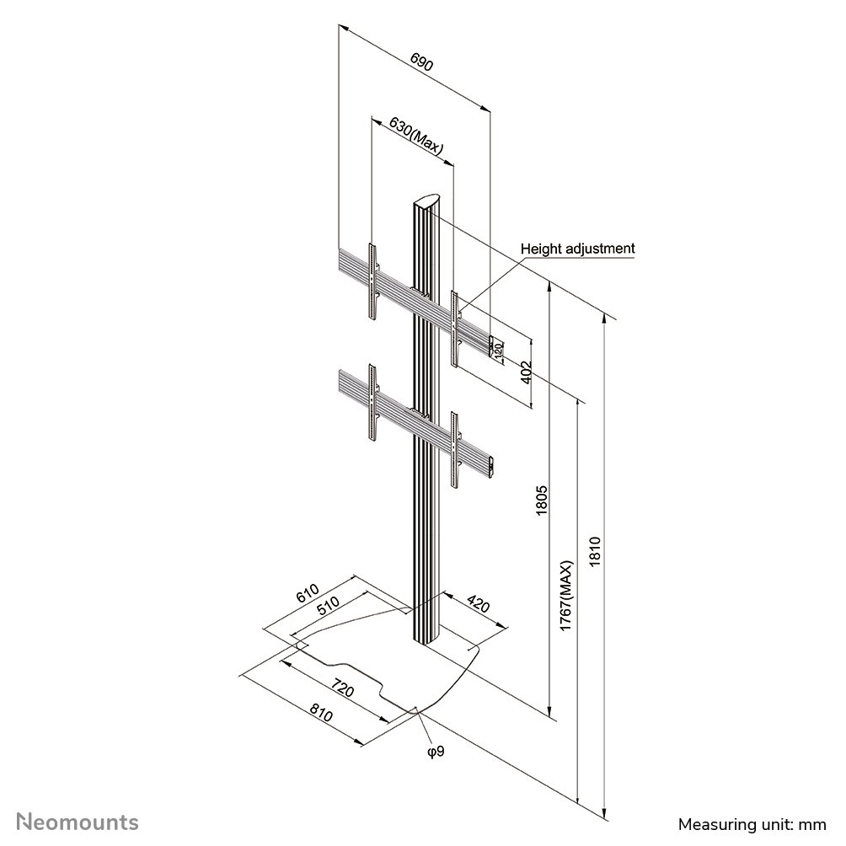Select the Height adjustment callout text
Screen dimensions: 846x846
point(577,249)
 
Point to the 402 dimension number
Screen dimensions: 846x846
point(527,372)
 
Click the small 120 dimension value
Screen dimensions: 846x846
point(498,349)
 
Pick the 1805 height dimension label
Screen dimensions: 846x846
point(542,501)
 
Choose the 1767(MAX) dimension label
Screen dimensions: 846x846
point(565,596)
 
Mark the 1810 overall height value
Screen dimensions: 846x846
point(595,551)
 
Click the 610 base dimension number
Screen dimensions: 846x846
point(308,593)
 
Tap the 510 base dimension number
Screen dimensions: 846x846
point(328,605)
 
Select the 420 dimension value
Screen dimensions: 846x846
point(478,603)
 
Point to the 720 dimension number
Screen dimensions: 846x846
point(343,688)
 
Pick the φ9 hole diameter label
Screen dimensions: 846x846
point(436,751)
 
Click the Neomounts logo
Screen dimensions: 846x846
point(78,822)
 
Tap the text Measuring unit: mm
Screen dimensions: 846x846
point(752,824)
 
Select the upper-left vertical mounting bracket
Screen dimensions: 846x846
point(372,281)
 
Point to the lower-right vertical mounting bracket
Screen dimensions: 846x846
point(455,450)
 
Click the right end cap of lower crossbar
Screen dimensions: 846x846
point(491,466)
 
